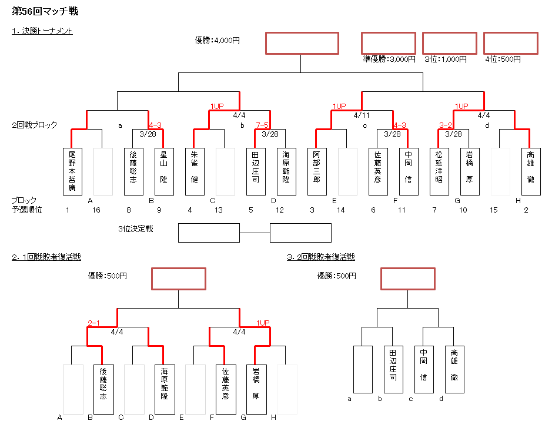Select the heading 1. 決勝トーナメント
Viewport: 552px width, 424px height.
[x=42, y=31]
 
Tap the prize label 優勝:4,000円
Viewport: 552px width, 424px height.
[x=218, y=40]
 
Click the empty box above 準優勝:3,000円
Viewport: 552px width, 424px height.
[x=389, y=43]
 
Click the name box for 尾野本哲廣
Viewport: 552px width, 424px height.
[x=71, y=171]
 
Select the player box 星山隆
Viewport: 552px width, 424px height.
[x=163, y=171]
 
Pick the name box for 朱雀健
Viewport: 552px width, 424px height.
[x=195, y=171]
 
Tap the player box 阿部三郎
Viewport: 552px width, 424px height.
[x=317, y=171]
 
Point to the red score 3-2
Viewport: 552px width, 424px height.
[x=446, y=125]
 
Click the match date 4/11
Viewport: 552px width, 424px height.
[x=362, y=115]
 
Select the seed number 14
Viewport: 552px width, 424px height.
[x=341, y=210]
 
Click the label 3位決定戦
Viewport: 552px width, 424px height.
[x=136, y=228]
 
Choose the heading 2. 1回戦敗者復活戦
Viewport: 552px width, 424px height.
[x=46, y=257]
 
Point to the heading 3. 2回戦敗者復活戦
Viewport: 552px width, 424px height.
[x=321, y=257]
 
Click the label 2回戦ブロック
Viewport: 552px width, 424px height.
[x=35, y=125]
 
